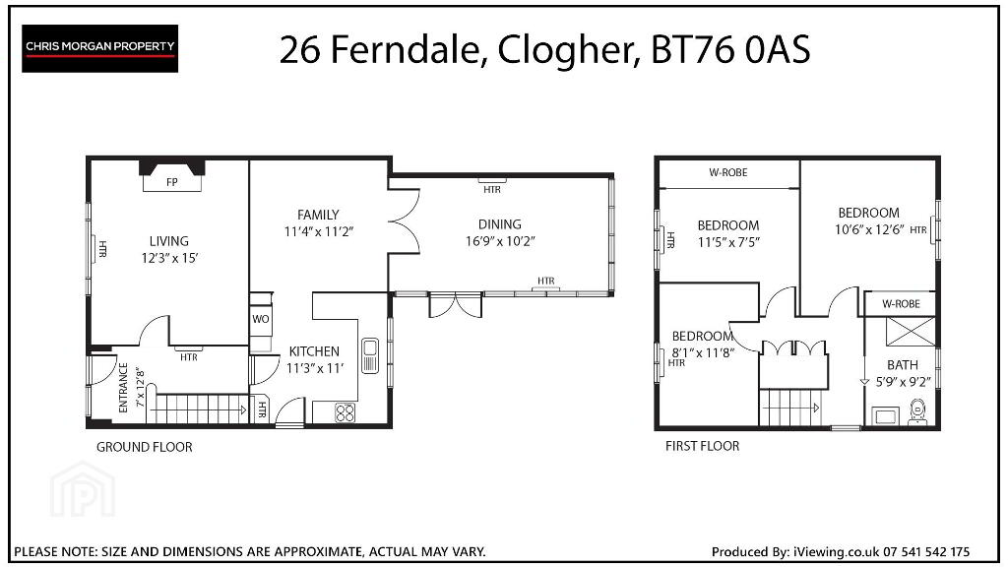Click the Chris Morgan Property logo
[x=99, y=48]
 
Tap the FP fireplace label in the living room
[x=171, y=182]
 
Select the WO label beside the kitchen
[x=260, y=319]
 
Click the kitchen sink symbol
[x=369, y=355]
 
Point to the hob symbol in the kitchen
[x=346, y=412]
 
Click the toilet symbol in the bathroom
[x=916, y=412]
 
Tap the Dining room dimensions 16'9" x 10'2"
[x=500, y=242]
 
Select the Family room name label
[x=318, y=215]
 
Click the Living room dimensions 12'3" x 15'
[x=169, y=259]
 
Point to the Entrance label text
[x=123, y=387]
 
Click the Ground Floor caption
[x=144, y=447]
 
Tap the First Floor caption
[x=702, y=446]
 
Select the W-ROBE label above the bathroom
[x=901, y=304]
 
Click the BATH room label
[x=903, y=364]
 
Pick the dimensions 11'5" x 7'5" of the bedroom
[x=728, y=242]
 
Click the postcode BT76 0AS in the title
[x=730, y=49]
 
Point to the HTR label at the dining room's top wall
[x=492, y=190]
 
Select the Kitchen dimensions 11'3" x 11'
[x=314, y=368]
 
